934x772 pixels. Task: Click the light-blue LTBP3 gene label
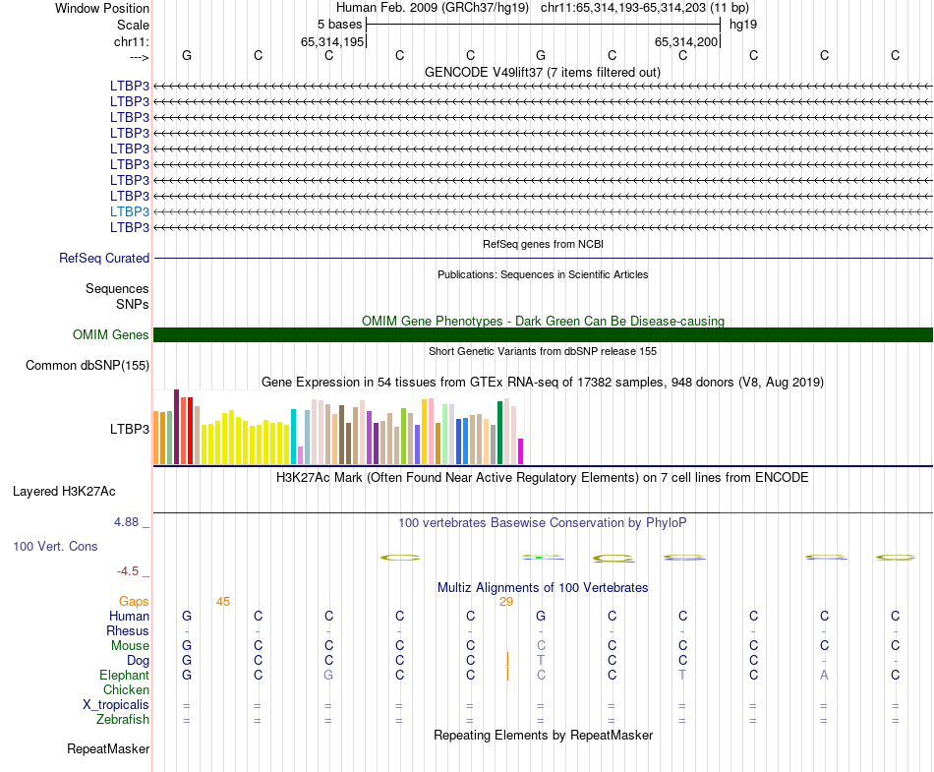click(130, 211)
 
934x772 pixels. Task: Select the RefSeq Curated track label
click(104, 259)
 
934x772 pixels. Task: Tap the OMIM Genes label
click(110, 335)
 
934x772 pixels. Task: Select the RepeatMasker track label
click(108, 749)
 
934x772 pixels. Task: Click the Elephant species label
click(124, 676)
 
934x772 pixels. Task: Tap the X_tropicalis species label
click(116, 705)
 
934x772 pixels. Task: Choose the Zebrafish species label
click(122, 720)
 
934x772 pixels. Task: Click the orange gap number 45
click(223, 602)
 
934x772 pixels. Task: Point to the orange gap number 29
click(506, 602)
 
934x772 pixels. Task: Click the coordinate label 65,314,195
click(332, 42)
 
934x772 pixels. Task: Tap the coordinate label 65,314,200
click(687, 42)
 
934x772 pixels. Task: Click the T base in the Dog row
click(541, 661)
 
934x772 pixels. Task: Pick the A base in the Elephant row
click(825, 676)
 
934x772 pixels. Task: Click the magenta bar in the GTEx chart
click(521, 451)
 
